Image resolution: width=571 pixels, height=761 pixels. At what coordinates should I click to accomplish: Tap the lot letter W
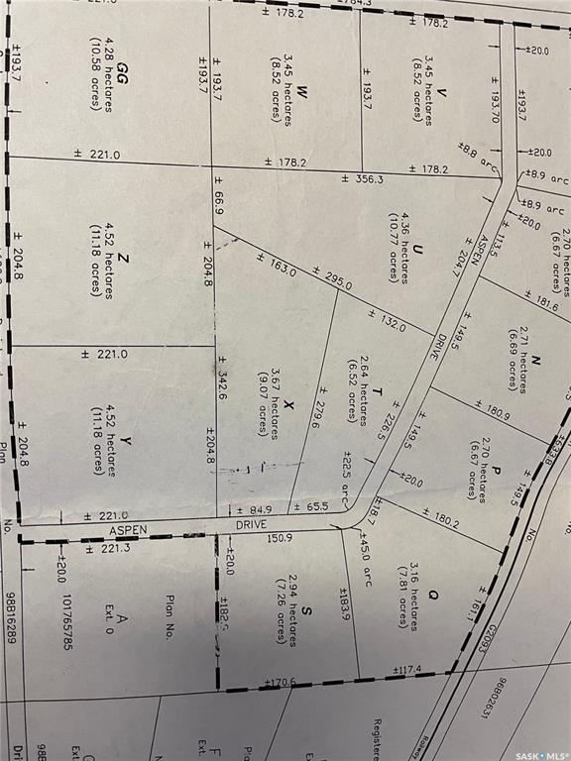[303, 92]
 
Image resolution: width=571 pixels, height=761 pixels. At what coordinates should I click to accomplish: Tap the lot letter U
[418, 249]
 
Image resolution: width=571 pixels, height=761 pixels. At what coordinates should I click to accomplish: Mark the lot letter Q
[432, 595]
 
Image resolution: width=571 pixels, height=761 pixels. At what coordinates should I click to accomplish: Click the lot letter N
[534, 361]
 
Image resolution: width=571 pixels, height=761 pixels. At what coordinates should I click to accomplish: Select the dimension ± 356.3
[362, 179]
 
